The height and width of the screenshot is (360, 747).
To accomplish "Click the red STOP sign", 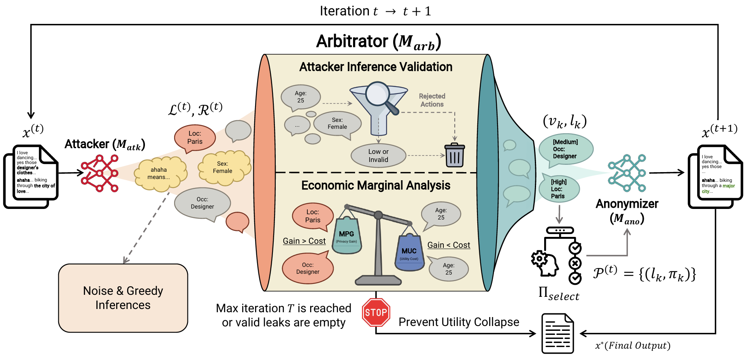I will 376,312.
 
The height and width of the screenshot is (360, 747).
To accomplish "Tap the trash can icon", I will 454,156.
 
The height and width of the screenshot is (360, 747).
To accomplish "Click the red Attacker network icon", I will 99,173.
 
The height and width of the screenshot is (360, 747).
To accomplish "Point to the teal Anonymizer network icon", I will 627,173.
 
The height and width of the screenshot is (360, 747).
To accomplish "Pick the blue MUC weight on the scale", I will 409,253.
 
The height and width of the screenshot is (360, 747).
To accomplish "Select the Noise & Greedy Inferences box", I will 123,298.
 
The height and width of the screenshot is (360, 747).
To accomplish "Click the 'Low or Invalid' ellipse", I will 378,156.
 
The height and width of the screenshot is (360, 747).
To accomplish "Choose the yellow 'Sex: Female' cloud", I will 223,167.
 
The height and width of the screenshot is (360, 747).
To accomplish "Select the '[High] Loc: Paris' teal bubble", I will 559,189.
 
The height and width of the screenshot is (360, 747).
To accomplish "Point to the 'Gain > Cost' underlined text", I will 304,241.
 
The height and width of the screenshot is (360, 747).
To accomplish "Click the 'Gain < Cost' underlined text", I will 449,245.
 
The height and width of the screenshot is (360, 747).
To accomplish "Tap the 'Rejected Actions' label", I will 432,100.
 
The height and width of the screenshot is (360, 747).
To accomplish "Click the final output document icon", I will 558,333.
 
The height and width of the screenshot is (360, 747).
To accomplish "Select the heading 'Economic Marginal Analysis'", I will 376,185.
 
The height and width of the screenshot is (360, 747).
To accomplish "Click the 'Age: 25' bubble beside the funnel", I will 301,97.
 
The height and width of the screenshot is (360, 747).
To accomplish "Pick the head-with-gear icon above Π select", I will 545,263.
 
